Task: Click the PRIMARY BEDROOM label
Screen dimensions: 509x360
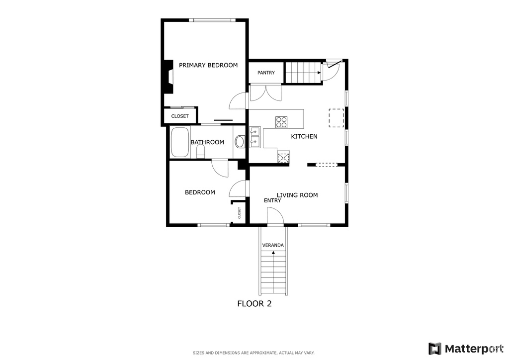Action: (208, 65)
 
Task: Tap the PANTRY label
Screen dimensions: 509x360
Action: (266, 73)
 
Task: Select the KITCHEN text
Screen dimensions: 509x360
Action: (304, 136)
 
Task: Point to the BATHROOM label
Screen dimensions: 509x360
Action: (207, 142)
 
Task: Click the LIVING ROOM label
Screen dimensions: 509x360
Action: (297, 195)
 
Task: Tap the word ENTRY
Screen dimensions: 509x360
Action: (272, 200)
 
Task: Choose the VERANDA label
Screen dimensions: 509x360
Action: (273, 245)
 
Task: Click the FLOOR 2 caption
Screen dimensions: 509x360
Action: (254, 303)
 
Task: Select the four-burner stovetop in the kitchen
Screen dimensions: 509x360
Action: (281, 122)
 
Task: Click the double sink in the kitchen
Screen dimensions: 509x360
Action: (255, 137)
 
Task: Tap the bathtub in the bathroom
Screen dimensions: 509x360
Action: (180, 142)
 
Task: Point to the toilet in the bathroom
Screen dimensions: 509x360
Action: (201, 152)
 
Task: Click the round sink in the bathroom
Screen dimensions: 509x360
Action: (240, 142)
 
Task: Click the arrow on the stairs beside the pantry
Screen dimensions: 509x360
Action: (319, 73)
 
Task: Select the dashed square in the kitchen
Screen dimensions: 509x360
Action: (337, 118)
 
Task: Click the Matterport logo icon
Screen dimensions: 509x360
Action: (434, 349)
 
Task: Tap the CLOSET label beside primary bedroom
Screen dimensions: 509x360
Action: (180, 116)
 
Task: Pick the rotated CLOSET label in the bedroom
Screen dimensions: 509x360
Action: (240, 213)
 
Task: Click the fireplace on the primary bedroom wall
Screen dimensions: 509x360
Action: (168, 77)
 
